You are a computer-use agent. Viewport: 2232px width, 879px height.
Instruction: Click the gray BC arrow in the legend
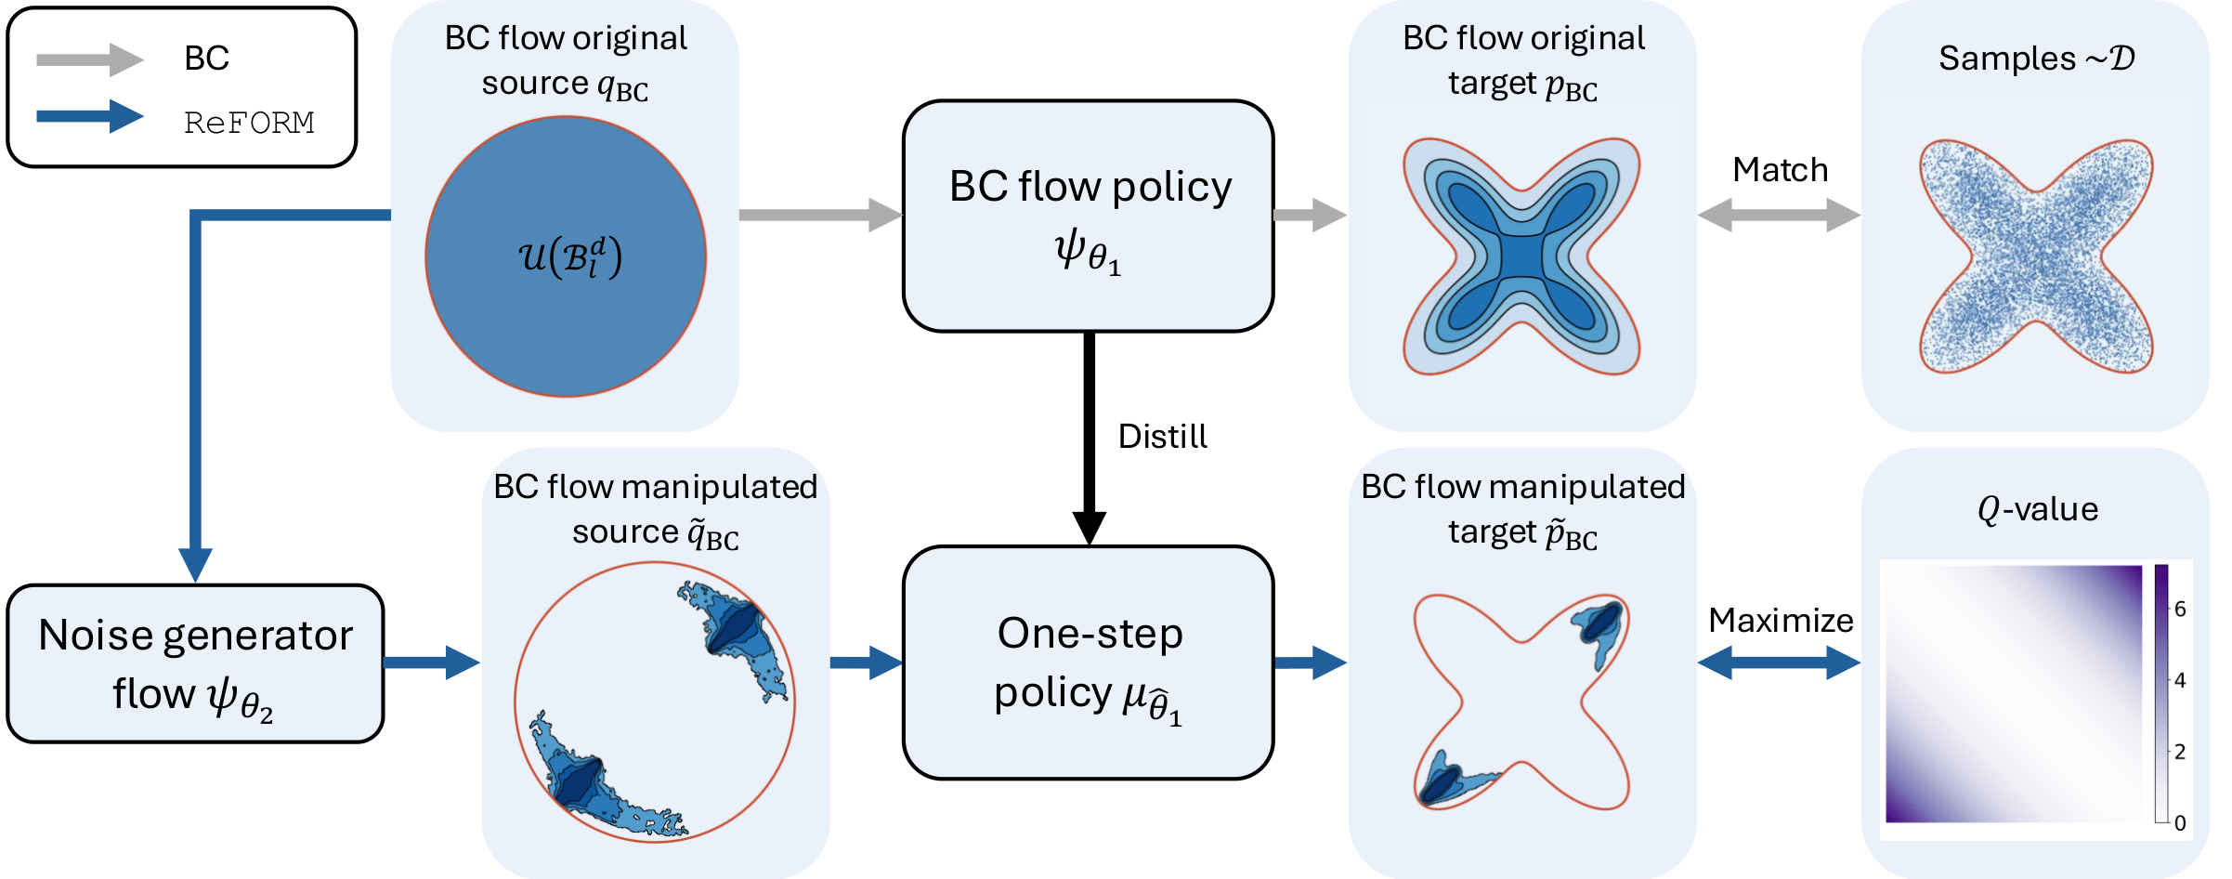(88, 59)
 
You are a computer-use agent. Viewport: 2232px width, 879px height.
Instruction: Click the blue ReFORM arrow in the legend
(88, 117)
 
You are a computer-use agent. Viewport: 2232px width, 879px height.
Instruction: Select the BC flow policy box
(1088, 216)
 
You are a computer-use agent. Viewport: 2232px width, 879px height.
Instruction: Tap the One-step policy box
(1088, 663)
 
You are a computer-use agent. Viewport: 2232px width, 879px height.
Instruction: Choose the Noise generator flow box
(195, 663)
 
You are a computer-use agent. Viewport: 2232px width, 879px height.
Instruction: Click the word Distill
(1162, 437)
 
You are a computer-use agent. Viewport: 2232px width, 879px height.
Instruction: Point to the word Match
(1780, 170)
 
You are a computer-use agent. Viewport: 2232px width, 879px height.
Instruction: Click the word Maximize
(1780, 620)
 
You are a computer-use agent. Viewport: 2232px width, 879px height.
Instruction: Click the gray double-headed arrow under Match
(1779, 216)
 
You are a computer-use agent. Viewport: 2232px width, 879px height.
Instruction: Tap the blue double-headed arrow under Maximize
(1779, 663)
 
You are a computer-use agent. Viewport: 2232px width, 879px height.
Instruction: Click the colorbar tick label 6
(2180, 610)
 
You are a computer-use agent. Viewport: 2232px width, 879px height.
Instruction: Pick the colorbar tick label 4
(2180, 680)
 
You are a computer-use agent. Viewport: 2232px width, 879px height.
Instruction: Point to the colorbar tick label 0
(2180, 823)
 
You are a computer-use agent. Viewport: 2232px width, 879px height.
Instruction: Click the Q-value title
(2037, 509)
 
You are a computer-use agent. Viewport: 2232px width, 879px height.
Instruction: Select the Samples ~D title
(2036, 59)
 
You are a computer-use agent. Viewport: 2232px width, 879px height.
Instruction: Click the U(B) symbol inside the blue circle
(569, 257)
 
